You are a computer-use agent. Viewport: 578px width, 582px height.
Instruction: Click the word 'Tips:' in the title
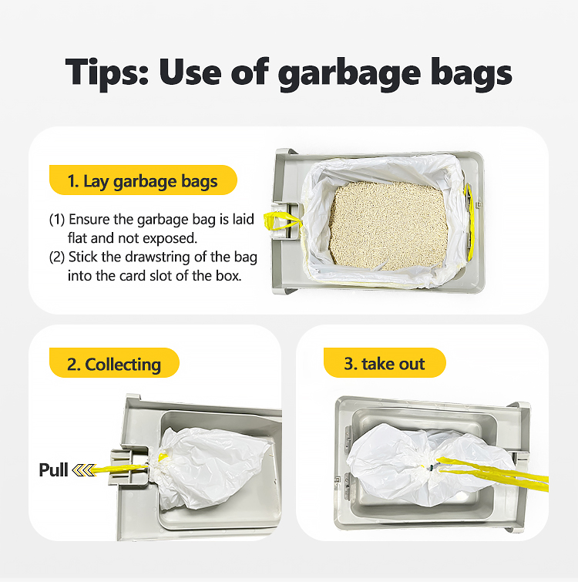(x=107, y=72)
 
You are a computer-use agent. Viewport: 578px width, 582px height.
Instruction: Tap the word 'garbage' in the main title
(x=349, y=74)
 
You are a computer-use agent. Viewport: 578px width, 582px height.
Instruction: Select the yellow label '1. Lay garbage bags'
(x=143, y=180)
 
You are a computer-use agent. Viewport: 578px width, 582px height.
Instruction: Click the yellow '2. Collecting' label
(x=114, y=363)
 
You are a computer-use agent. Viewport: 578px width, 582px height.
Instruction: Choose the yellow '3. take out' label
(x=385, y=363)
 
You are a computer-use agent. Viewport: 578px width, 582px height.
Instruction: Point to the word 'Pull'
(x=53, y=470)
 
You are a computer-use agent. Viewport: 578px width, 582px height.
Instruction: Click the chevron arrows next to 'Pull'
(x=84, y=470)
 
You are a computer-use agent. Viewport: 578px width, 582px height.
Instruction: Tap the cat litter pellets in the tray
(x=388, y=225)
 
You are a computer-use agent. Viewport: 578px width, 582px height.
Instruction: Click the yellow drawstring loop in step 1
(x=282, y=221)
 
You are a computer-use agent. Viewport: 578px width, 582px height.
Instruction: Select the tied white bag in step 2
(x=208, y=469)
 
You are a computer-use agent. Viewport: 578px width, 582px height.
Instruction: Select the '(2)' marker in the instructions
(x=57, y=257)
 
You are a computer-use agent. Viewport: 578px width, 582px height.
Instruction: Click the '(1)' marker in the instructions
(x=57, y=220)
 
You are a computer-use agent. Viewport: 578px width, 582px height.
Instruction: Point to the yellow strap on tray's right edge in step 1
(x=470, y=221)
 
